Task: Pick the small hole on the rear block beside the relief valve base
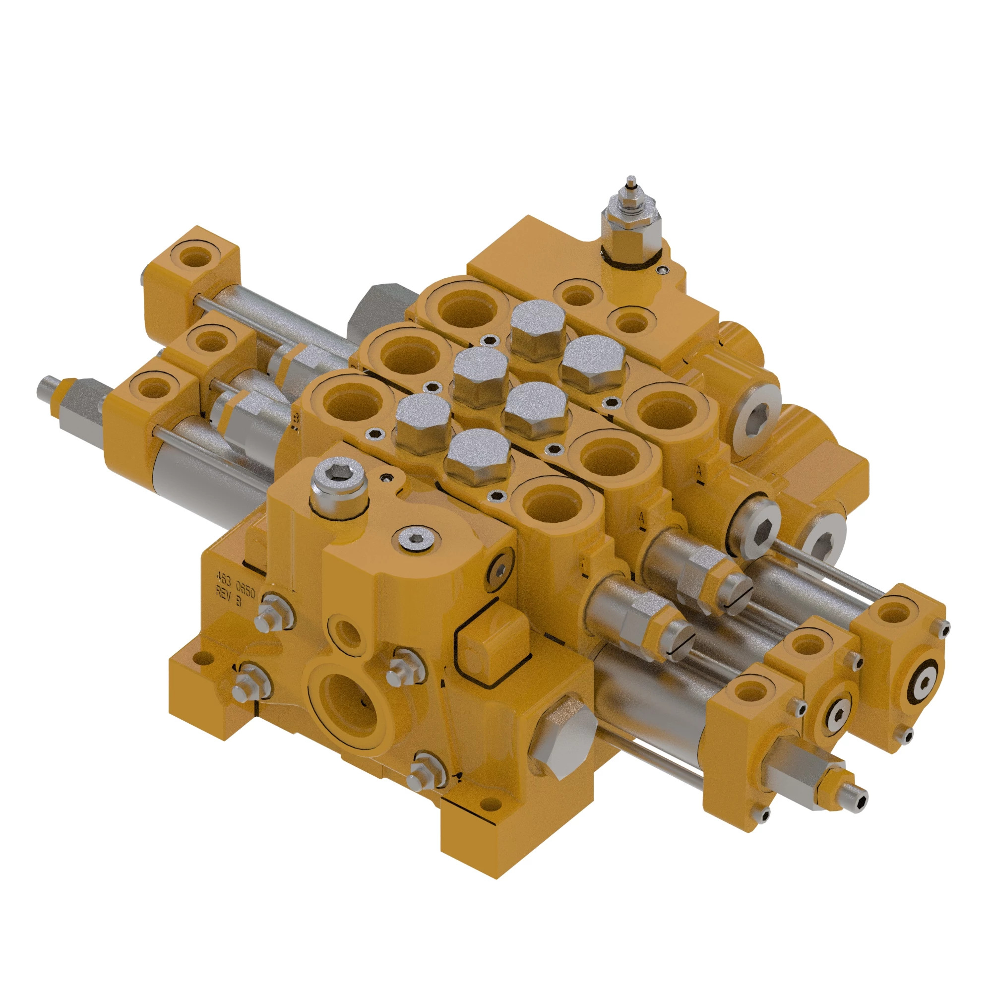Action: pos(666,269)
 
